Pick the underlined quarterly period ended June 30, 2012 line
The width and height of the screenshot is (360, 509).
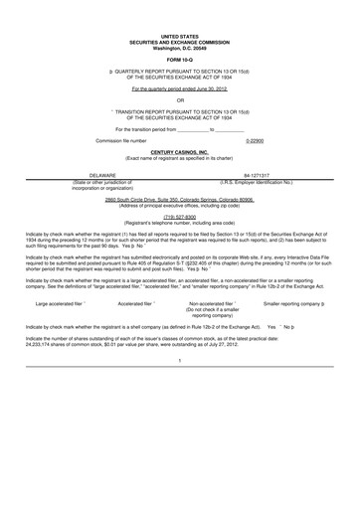180,89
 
